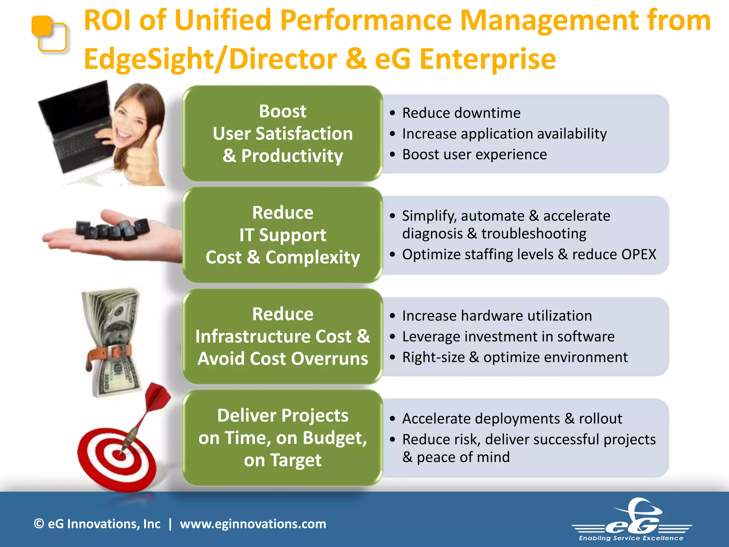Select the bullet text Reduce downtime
click(x=461, y=113)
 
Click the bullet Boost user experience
click(x=474, y=155)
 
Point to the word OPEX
click(x=639, y=255)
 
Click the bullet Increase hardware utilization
click(x=497, y=316)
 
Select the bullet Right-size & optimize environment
click(x=514, y=357)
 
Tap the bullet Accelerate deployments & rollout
click(x=512, y=419)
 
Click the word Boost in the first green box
click(x=282, y=111)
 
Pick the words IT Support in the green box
click(x=282, y=235)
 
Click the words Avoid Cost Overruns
click(x=282, y=359)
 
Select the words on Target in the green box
click(x=282, y=460)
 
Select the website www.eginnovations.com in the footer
click(x=253, y=524)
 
